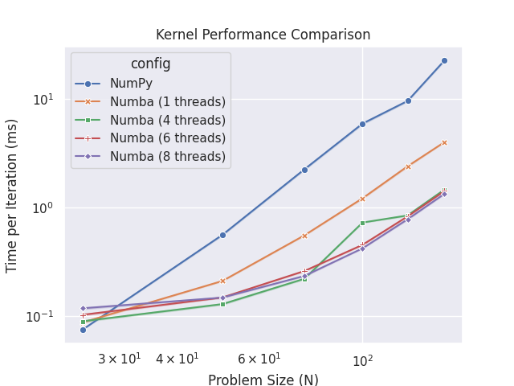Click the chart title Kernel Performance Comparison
(x=263, y=35)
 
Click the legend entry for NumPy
(x=132, y=83)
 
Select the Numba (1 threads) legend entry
(x=168, y=101)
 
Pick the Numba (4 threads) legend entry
(x=168, y=120)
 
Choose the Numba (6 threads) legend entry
(x=168, y=138)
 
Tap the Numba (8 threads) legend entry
(x=168, y=156)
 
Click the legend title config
(x=150, y=64)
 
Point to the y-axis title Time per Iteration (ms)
(x=12, y=195)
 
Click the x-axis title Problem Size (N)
(x=263, y=380)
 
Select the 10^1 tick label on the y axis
(x=42, y=99)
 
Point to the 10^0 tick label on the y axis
(x=42, y=207)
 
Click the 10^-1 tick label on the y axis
(x=39, y=316)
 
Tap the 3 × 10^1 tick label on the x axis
(x=119, y=358)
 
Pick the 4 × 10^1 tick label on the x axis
(x=177, y=358)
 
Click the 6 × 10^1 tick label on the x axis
(x=259, y=358)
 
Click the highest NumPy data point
(x=444, y=60)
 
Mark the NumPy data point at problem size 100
(x=362, y=124)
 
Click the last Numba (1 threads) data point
(x=444, y=142)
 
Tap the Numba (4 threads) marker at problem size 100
(x=362, y=223)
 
